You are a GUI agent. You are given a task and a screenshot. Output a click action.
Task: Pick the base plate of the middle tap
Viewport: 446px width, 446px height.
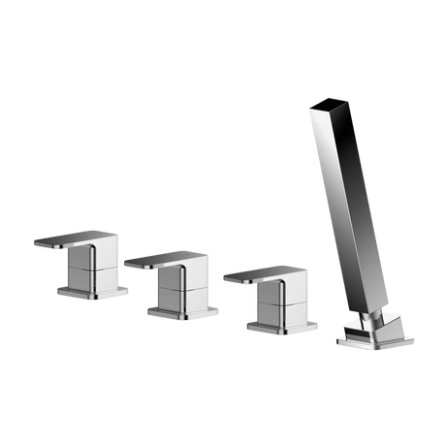point(180,310)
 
